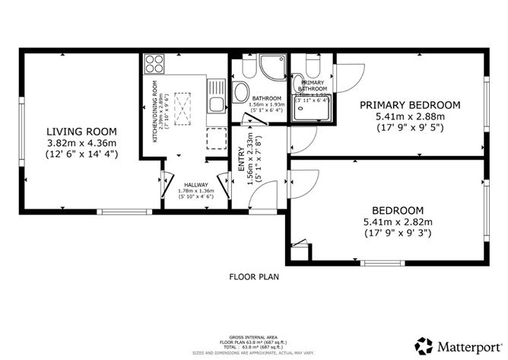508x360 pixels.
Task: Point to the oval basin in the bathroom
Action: point(240,93)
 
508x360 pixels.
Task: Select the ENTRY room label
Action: point(240,151)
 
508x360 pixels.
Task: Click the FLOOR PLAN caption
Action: point(254,277)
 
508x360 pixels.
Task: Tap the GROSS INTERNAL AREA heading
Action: point(254,335)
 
